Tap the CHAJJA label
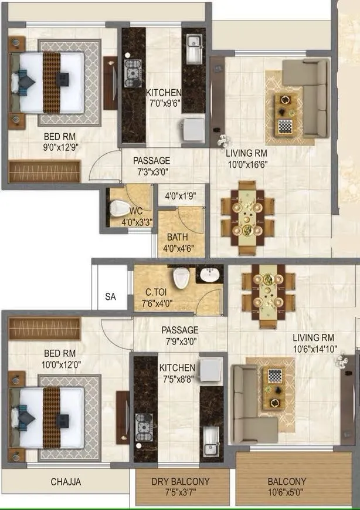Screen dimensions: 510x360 66,482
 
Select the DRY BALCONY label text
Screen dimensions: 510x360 181,482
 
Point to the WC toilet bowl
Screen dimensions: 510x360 117,208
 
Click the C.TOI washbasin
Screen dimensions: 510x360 208,275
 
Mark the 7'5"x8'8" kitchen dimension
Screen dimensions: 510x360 178,380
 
